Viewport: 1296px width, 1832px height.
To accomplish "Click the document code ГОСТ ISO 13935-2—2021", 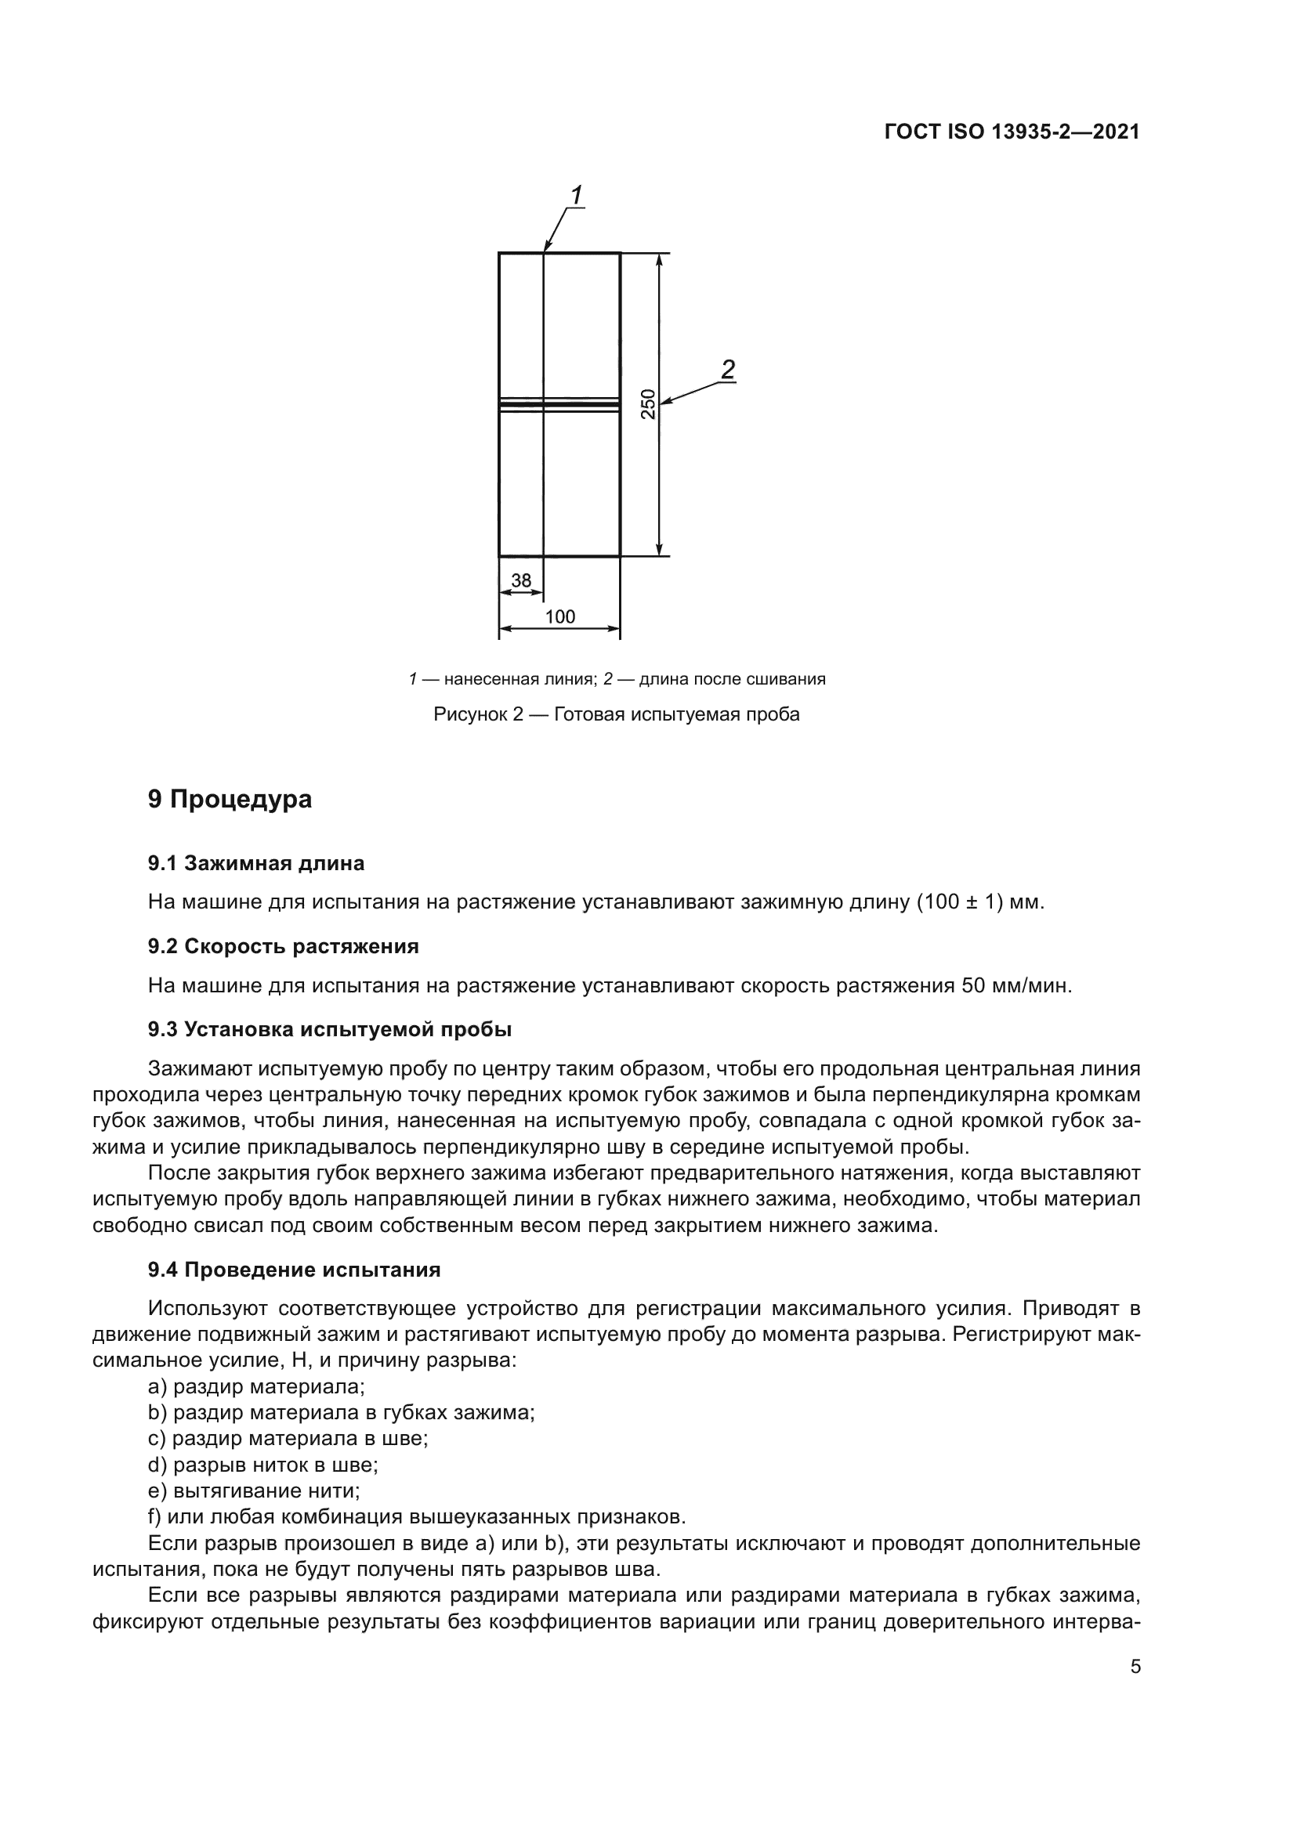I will (x=1011, y=132).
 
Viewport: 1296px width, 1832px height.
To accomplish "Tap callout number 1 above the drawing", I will (x=575, y=195).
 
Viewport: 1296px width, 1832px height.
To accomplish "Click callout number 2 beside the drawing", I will (x=727, y=370).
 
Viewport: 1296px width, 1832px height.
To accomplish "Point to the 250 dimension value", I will (x=648, y=403).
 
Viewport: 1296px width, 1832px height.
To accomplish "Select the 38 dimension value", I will (x=520, y=581).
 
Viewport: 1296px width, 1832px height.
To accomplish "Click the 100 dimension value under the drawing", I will (x=559, y=616).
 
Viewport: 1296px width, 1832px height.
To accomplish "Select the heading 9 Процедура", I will (x=230, y=799).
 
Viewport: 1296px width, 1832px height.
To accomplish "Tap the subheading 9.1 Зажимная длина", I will (x=255, y=863).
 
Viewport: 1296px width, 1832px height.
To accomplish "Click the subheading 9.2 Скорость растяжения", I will (x=283, y=946).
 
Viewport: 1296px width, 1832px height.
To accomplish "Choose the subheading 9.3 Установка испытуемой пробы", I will (x=329, y=1029).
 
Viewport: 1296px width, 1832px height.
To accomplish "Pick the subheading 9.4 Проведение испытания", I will (x=294, y=1270).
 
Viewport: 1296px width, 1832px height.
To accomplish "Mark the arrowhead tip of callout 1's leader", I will (x=545, y=251).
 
